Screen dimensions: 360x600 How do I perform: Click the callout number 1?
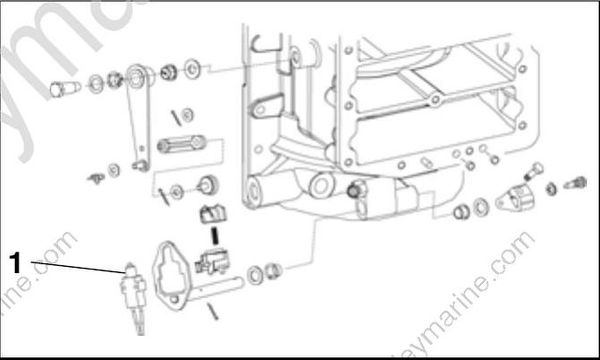15,263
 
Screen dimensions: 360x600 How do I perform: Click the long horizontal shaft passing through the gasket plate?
225,291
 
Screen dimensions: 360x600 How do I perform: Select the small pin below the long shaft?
214,312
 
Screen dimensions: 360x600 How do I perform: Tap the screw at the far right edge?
577,184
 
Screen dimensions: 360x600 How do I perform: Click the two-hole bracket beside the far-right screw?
525,194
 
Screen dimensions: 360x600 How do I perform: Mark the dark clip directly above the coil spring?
213,213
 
